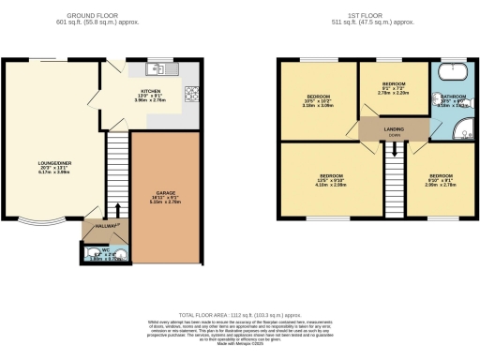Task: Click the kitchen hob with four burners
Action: (x=191, y=92)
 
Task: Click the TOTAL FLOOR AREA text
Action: (x=239, y=317)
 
